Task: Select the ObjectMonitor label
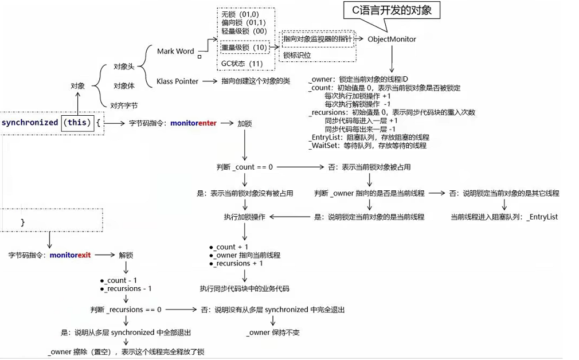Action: tap(392, 39)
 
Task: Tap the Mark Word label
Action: tap(175, 51)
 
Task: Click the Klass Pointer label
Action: tap(177, 81)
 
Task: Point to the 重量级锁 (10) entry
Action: tap(244, 47)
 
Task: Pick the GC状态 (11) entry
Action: tap(242, 63)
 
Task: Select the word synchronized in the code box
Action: tap(30, 123)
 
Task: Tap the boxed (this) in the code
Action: tap(77, 123)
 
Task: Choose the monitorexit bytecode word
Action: tap(70, 255)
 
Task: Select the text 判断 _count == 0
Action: tap(245, 167)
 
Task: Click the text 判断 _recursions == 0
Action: tap(126, 310)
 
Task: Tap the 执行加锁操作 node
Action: tap(245, 217)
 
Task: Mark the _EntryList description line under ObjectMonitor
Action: tap(368, 138)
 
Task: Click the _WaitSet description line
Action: tap(367, 146)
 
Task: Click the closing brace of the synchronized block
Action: tap(23, 222)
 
